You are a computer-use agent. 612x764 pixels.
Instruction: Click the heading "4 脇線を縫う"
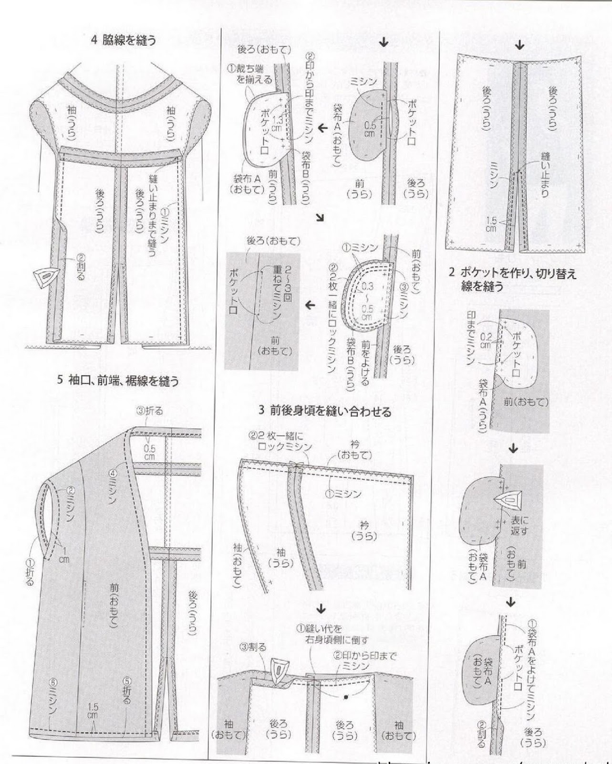124,41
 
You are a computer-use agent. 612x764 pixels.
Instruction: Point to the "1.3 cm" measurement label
276,126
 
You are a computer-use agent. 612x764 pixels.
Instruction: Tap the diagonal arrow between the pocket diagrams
320,218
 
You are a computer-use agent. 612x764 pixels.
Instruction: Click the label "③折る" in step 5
149,411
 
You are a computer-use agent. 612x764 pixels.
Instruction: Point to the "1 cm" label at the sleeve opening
63,554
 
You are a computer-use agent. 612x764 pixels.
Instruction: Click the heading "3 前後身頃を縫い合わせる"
324,411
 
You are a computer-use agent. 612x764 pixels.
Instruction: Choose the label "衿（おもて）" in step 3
354,451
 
